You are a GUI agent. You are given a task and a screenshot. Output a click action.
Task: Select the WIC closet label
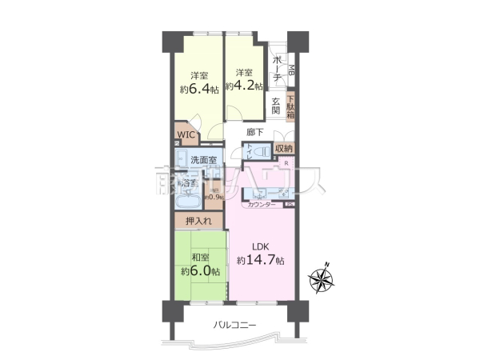click(186, 135)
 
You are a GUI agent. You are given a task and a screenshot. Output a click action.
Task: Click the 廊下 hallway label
click(255, 133)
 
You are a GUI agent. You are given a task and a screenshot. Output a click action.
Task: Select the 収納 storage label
click(283, 149)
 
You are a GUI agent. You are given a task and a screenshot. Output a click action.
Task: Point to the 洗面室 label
click(202, 160)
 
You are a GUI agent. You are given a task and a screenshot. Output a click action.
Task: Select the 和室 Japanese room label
click(200, 258)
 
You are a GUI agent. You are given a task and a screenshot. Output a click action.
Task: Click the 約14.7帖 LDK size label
click(259, 261)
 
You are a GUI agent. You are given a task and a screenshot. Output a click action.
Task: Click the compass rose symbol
click(324, 279)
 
